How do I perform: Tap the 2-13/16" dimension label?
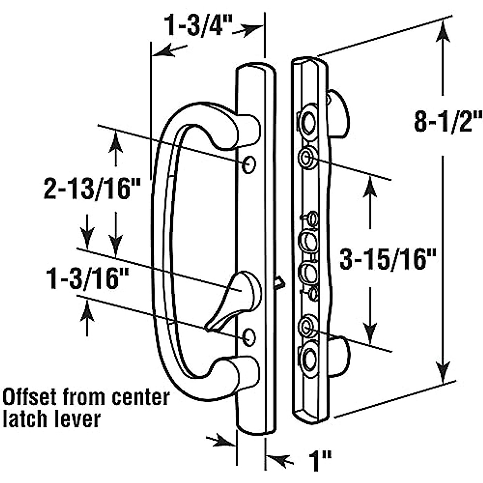[88, 190]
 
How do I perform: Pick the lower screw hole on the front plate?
[250, 336]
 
